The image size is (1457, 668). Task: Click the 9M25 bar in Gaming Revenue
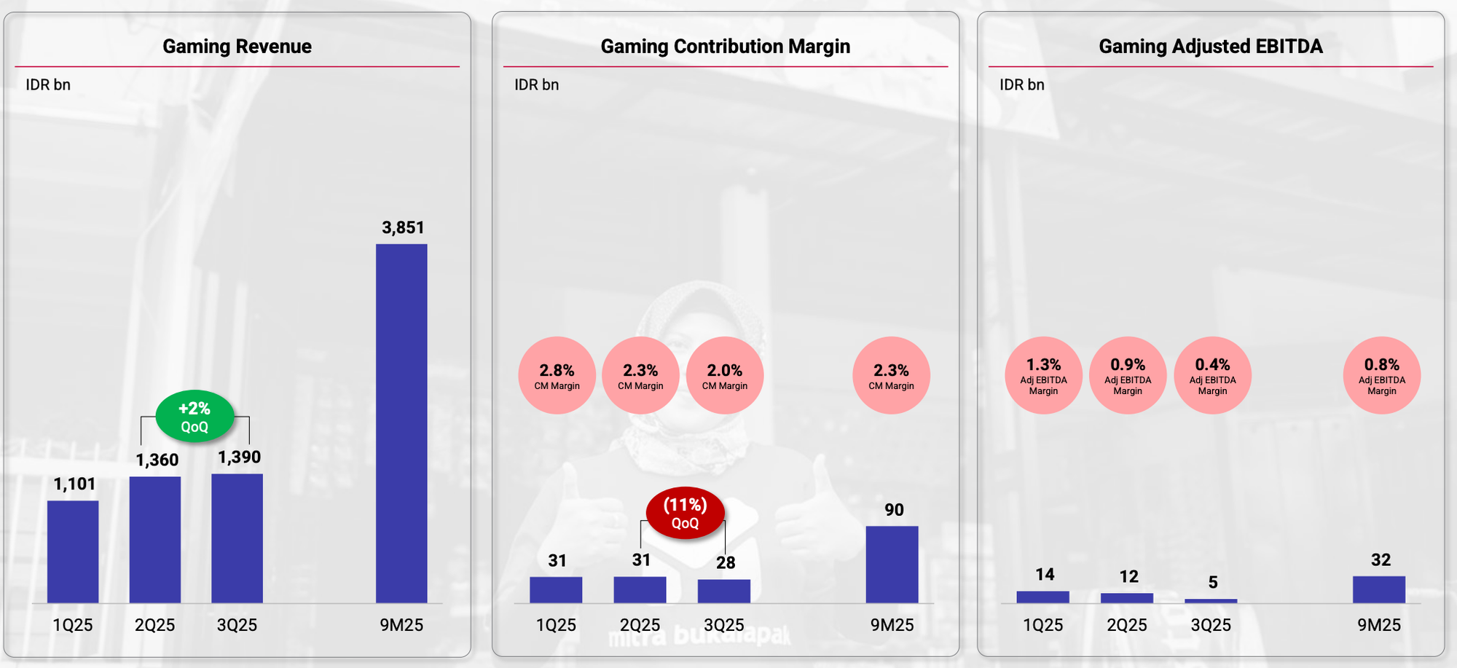(x=401, y=423)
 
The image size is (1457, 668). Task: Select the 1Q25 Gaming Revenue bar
(x=73, y=551)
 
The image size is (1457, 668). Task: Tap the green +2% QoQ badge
(x=195, y=417)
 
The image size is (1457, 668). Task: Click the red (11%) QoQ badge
(x=685, y=513)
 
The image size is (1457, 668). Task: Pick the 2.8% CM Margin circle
(x=557, y=375)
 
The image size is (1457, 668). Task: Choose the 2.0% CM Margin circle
(x=724, y=375)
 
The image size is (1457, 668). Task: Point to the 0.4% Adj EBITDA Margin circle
(x=1212, y=375)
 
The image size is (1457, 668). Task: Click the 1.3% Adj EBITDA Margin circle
(x=1043, y=375)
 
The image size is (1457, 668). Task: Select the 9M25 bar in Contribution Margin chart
(x=892, y=565)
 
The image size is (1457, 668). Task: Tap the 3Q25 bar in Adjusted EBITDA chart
(x=1211, y=601)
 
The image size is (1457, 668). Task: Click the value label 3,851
(x=403, y=227)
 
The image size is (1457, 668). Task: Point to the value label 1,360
(x=157, y=460)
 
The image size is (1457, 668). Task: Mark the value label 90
(x=894, y=510)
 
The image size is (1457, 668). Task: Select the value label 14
(x=1045, y=575)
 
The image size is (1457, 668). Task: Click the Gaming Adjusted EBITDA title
(x=1210, y=47)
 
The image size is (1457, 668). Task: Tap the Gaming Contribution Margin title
(x=725, y=47)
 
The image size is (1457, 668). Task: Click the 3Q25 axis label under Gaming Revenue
(x=237, y=625)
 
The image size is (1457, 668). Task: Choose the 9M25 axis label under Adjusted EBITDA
(x=1378, y=625)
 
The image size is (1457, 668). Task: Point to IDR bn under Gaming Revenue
(x=48, y=85)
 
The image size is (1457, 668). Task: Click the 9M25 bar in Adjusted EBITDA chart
(x=1378, y=589)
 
